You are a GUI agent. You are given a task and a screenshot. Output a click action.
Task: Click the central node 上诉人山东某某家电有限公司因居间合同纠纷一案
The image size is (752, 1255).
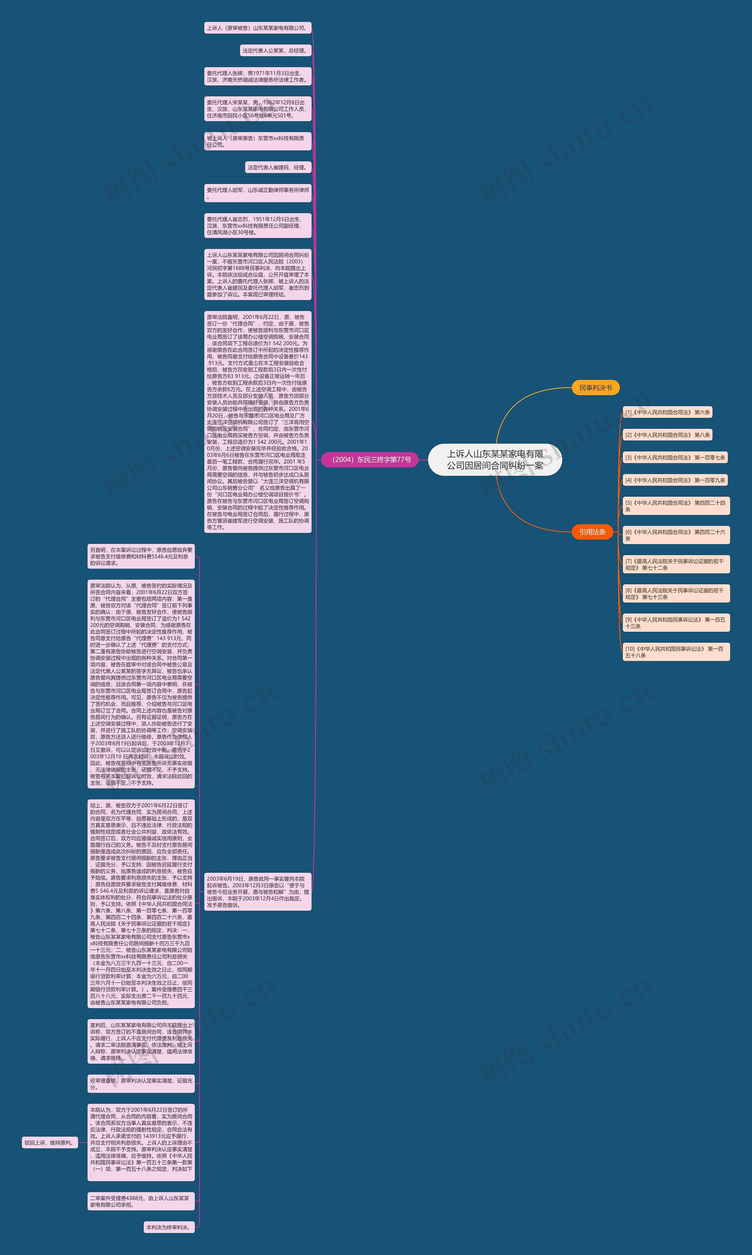(495, 460)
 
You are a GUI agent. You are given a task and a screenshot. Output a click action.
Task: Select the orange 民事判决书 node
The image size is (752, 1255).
(595, 388)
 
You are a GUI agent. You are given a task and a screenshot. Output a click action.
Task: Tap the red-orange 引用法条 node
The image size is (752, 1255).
(592, 532)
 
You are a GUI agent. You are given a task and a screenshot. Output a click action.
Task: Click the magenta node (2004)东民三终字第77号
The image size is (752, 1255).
(371, 460)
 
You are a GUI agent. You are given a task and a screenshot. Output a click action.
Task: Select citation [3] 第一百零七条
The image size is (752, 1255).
(675, 457)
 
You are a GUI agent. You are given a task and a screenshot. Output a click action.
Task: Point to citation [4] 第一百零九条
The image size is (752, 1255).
(675, 480)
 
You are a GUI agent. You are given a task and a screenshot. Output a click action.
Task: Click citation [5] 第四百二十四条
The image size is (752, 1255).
(676, 506)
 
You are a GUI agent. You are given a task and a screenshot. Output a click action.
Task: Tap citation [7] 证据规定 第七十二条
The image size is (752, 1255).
(676, 564)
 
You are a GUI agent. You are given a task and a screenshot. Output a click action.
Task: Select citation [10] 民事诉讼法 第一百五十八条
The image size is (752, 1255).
(676, 652)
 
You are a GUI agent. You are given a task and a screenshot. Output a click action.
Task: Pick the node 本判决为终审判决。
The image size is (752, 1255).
(169, 1227)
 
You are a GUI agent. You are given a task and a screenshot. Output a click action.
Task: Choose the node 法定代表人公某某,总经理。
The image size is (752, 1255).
(275, 51)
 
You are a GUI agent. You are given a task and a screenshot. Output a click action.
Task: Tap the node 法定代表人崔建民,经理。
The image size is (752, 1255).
(278, 167)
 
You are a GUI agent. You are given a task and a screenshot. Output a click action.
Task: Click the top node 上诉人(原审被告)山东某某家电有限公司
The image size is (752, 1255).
(257, 28)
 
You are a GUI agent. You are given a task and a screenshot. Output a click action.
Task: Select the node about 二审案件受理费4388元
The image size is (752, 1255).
(141, 1201)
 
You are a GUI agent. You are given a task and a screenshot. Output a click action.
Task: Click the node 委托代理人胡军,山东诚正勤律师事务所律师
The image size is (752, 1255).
(257, 193)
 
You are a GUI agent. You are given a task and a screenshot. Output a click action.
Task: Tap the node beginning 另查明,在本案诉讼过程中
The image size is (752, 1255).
(141, 556)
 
